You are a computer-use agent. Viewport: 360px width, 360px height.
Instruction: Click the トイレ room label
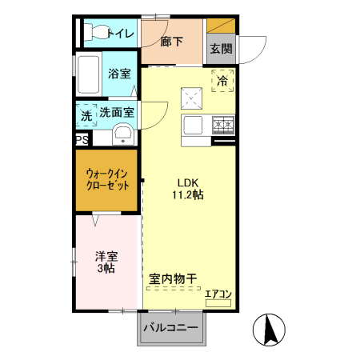[121, 34]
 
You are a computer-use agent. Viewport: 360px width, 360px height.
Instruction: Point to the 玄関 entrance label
[222, 48]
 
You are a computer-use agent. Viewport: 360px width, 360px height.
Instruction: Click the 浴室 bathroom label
[120, 74]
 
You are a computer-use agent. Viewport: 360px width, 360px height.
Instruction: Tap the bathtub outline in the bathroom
[89, 75]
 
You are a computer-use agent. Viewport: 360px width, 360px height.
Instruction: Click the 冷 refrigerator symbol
[222, 80]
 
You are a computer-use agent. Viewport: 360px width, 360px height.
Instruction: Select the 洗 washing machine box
[86, 115]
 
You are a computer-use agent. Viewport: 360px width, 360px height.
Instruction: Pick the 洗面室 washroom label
[116, 114]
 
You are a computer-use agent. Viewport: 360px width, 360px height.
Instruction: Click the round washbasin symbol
[123, 134]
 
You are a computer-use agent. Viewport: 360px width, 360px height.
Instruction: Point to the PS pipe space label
[82, 139]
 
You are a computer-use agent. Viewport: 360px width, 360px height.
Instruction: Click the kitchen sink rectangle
[194, 125]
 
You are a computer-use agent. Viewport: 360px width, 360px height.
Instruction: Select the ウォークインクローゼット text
[107, 178]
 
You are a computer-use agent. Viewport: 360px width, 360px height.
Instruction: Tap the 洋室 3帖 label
[106, 262]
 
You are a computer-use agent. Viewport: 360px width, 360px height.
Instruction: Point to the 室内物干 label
[174, 279]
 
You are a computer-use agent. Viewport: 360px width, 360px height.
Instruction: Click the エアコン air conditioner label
[218, 294]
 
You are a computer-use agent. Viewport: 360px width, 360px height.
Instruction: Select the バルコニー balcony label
[171, 327]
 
